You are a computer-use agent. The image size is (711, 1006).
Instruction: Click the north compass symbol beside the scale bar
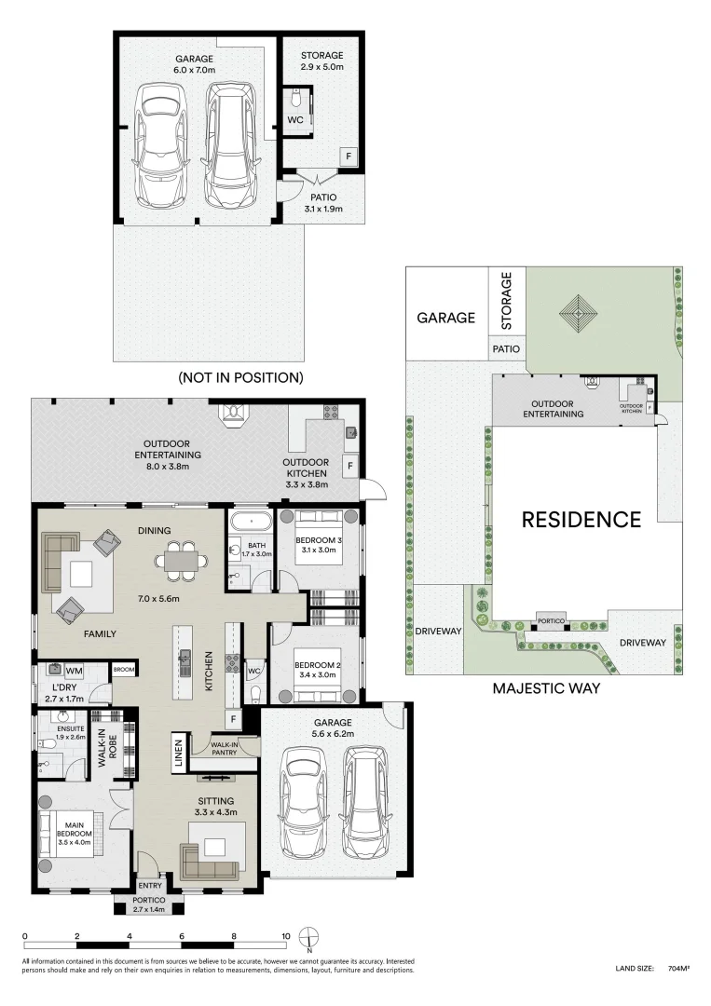[313, 937]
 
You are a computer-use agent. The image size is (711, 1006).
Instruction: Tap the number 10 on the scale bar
[287, 936]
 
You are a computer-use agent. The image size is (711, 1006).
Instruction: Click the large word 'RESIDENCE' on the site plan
[581, 519]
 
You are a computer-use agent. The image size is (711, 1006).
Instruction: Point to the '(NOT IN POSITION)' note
[240, 377]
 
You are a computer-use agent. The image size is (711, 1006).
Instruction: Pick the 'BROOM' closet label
[122, 669]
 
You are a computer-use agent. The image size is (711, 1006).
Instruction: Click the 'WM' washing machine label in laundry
[74, 670]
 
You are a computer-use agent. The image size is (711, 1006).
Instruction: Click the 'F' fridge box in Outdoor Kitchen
[350, 465]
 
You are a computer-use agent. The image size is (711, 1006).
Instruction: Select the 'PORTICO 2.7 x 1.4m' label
[149, 904]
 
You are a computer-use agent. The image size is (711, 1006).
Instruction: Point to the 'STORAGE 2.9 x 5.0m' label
[322, 61]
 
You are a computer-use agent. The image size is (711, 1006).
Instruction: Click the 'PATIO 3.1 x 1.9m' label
[324, 203]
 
